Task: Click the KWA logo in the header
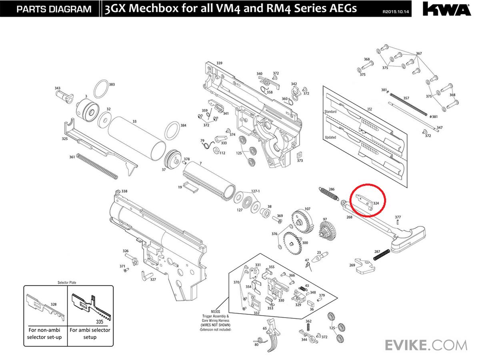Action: [x=447, y=9]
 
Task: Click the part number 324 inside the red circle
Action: [x=376, y=203]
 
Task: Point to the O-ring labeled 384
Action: [x=172, y=130]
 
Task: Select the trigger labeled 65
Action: [x=275, y=332]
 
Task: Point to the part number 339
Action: [x=219, y=63]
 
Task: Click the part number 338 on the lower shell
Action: [x=124, y=191]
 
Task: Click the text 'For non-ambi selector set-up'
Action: [x=44, y=334]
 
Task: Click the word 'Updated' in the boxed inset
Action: [x=330, y=137]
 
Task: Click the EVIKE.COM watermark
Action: [x=426, y=344]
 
